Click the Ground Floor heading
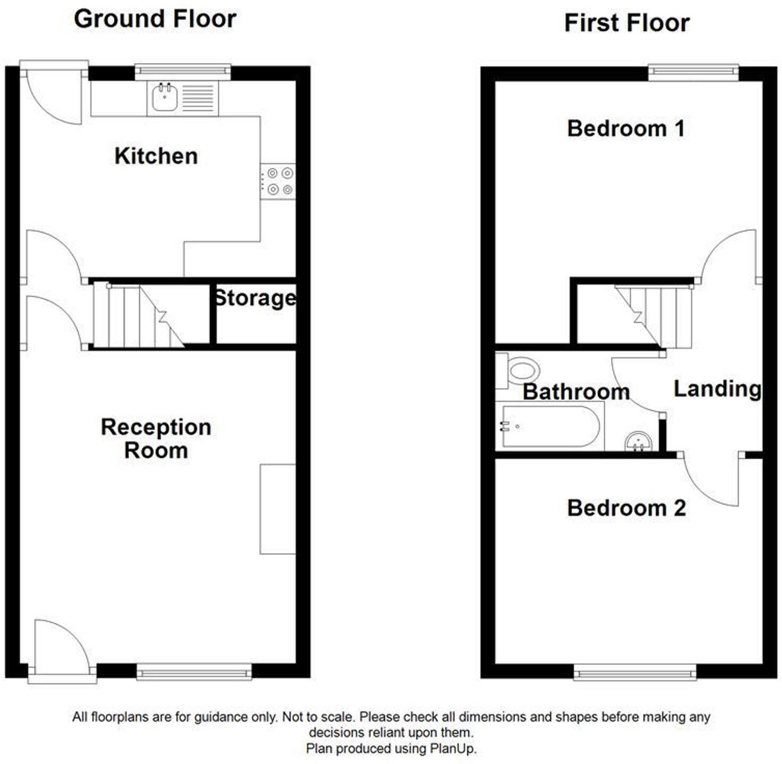155,19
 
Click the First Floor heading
626,23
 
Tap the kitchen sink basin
165,98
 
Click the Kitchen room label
156,156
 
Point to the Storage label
255,298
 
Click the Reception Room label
156,439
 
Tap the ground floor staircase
138,316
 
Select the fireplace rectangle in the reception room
277,509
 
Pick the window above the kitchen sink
183,71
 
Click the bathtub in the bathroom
550,426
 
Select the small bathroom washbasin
638,441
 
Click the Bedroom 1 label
626,129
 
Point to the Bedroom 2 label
626,508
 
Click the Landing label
717,389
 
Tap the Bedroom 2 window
634,673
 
